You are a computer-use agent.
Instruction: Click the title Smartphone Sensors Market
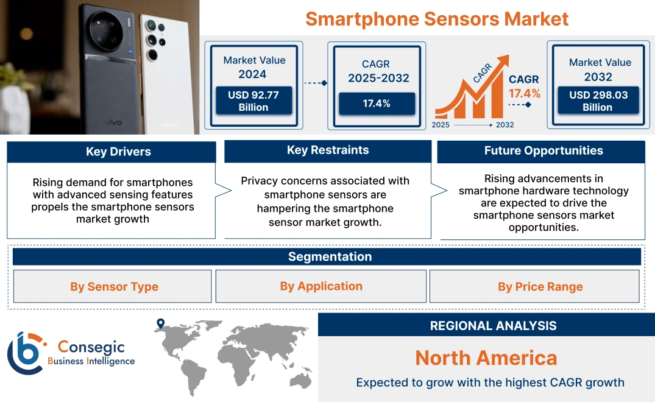pyautogui.click(x=436, y=18)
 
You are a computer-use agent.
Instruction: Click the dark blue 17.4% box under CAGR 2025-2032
pyautogui.click(x=377, y=104)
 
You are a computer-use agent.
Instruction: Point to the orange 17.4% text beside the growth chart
pyautogui.click(x=525, y=93)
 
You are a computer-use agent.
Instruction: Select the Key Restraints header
pyautogui.click(x=328, y=150)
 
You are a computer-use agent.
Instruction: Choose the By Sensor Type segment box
pyautogui.click(x=113, y=286)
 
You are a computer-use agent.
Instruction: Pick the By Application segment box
pyautogui.click(x=321, y=286)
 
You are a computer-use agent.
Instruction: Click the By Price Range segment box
pyautogui.click(x=540, y=286)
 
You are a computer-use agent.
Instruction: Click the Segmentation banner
pyautogui.click(x=330, y=256)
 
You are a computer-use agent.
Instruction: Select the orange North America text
pyautogui.click(x=486, y=358)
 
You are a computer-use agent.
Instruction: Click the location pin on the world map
pyautogui.click(x=160, y=324)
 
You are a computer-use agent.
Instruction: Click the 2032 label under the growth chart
pyautogui.click(x=505, y=125)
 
